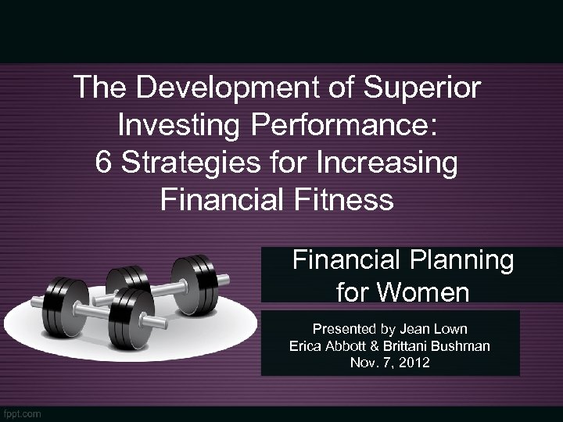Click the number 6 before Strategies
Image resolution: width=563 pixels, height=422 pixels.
pyautogui.click(x=103, y=163)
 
